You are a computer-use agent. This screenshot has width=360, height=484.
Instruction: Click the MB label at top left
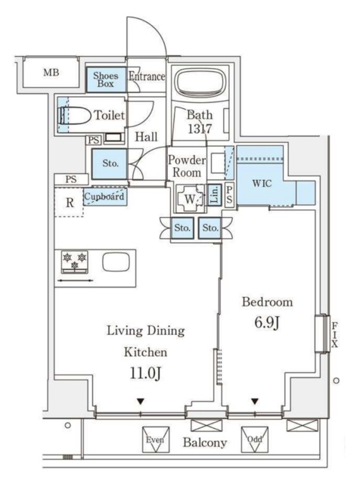click(51, 73)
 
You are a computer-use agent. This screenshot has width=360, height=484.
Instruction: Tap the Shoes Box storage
click(106, 79)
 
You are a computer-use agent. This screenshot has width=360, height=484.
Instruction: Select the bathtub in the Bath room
click(199, 82)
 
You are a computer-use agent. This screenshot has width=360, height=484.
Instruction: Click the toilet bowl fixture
click(74, 116)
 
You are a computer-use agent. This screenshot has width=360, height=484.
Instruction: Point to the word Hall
click(146, 137)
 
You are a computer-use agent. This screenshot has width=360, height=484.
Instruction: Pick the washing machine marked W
click(191, 199)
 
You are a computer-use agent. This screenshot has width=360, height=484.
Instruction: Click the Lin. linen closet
click(214, 194)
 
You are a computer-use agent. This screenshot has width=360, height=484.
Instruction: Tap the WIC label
click(262, 183)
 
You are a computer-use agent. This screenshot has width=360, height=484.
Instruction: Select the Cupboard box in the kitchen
click(104, 197)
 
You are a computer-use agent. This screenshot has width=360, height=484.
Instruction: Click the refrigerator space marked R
click(70, 202)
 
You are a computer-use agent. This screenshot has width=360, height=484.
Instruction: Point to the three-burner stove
click(74, 262)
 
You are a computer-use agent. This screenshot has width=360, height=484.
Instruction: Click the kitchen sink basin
click(116, 262)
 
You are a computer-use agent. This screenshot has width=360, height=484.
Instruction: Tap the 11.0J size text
click(145, 373)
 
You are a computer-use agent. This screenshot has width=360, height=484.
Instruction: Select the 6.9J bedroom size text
click(267, 323)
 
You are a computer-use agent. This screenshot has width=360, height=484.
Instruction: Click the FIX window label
click(335, 334)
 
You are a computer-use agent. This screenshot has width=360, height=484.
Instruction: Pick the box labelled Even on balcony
click(156, 439)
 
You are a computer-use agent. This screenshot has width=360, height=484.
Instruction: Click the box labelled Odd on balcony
click(255, 439)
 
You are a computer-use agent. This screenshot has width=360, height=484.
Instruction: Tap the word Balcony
click(205, 442)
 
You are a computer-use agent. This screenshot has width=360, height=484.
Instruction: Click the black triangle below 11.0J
click(141, 402)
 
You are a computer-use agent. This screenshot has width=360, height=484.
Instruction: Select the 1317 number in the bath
click(200, 129)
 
